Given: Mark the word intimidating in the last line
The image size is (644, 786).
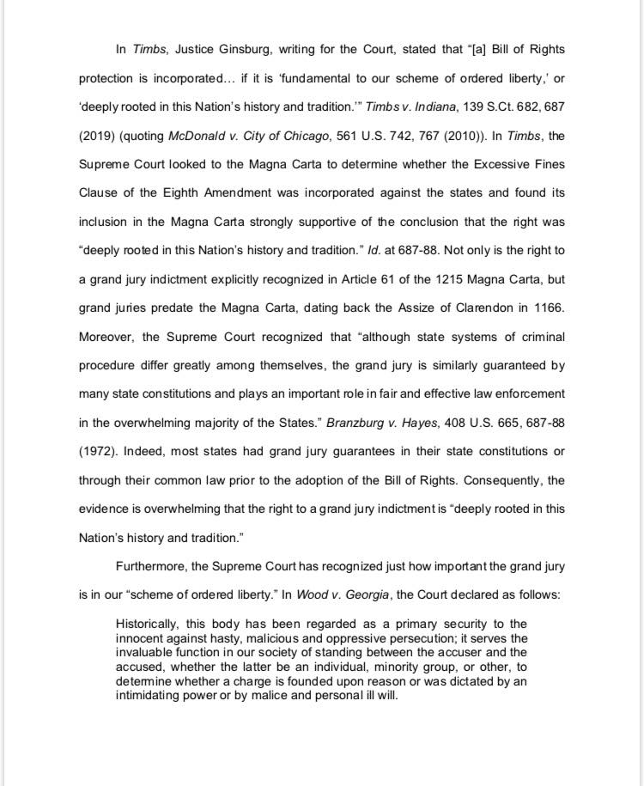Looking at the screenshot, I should pos(151,694).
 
